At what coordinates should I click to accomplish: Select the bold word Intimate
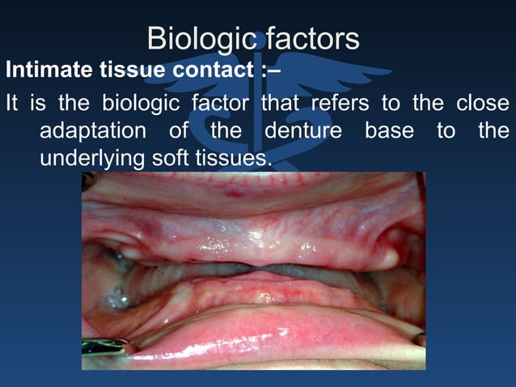[45, 70]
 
